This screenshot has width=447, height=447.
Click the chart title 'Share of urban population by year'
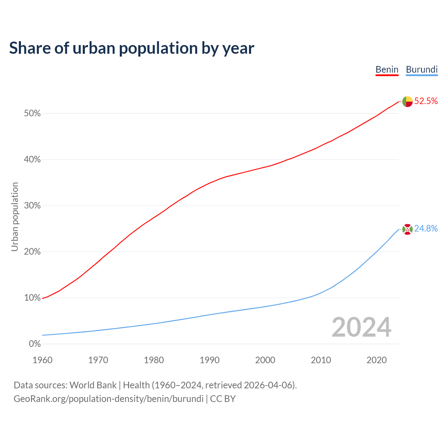coord(132,48)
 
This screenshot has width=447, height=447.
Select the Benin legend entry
coord(387,69)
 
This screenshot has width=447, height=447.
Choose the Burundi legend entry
coord(422,69)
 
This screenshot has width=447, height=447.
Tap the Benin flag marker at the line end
coord(408,102)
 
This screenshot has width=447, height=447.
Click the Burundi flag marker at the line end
coord(408,229)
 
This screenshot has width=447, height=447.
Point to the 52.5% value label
coord(426,101)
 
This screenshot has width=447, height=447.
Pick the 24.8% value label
coord(426,229)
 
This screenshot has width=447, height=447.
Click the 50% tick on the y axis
coord(32,113)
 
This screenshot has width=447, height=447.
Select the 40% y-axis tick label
coord(32,160)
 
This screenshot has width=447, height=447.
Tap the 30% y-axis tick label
coord(32,206)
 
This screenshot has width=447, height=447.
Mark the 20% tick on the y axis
coord(32,252)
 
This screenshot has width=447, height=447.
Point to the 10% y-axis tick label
coord(32,298)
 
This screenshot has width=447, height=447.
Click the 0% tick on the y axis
coord(35,344)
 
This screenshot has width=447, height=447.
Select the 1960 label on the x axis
coord(43,360)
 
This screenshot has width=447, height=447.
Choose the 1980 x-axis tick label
coord(154,360)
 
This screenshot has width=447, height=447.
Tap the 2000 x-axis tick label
coord(265,360)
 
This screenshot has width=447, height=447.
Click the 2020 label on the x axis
coord(376,360)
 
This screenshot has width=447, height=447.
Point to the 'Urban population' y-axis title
coord(15,217)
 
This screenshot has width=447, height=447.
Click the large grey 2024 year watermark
coord(361,328)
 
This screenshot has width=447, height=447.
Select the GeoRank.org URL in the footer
coord(108,399)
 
